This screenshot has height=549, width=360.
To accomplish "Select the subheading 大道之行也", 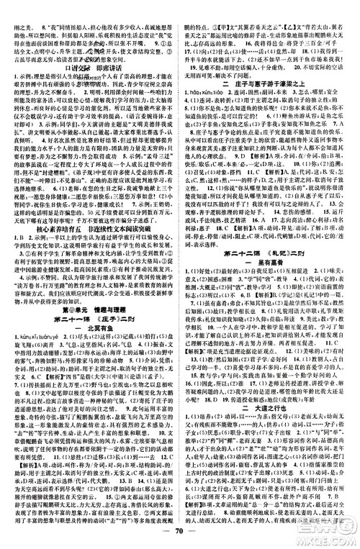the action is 271,432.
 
